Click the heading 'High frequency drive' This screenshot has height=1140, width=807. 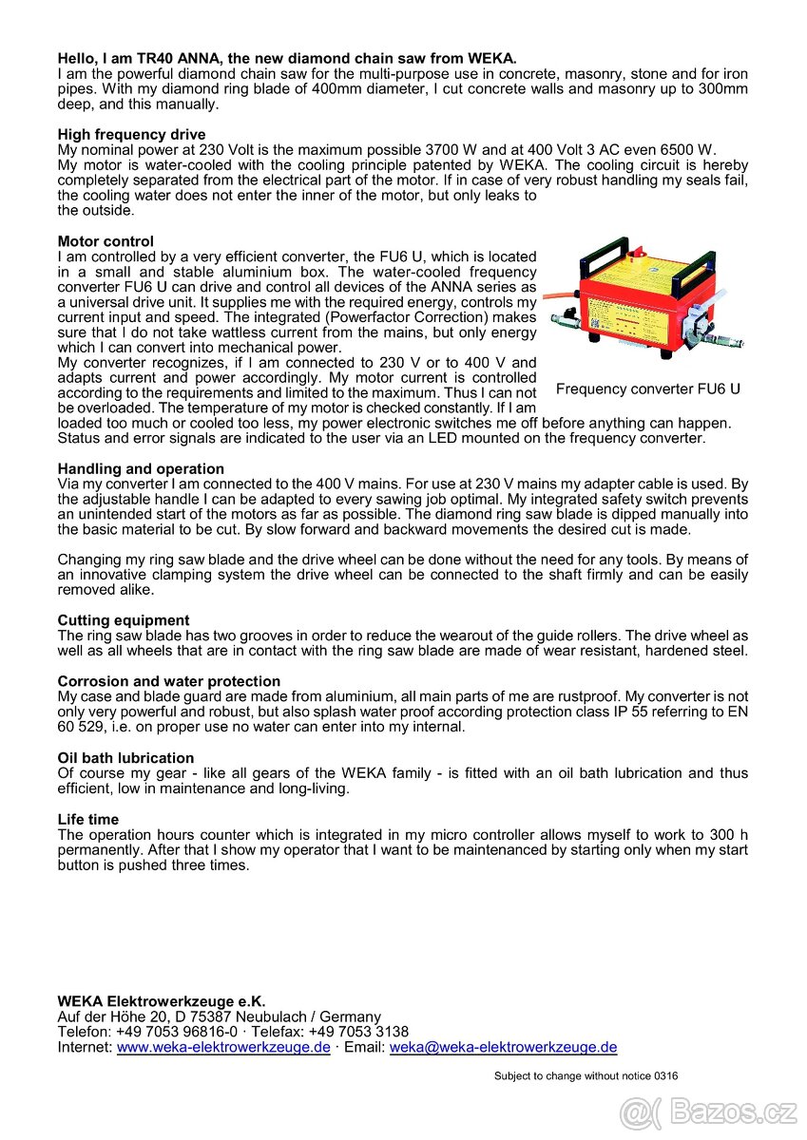tap(131, 135)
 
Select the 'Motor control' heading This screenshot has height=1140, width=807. tap(106, 241)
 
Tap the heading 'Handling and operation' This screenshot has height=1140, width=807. tap(141, 468)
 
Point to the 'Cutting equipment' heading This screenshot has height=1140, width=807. tap(124, 620)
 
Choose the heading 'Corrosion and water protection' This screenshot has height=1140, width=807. tap(169, 681)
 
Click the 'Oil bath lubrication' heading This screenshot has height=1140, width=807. tap(125, 758)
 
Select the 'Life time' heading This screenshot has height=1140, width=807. tap(88, 819)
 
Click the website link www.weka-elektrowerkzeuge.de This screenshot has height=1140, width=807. tap(223, 1047)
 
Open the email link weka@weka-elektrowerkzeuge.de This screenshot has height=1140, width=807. tap(503, 1047)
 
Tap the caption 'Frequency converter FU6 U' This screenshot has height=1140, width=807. tap(648, 389)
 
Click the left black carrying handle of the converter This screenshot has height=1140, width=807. tap(576, 261)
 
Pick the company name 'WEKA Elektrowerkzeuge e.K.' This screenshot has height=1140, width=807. tap(162, 1000)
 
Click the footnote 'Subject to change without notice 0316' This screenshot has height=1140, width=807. tap(586, 1076)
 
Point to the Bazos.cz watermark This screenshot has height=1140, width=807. tap(708, 1111)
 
